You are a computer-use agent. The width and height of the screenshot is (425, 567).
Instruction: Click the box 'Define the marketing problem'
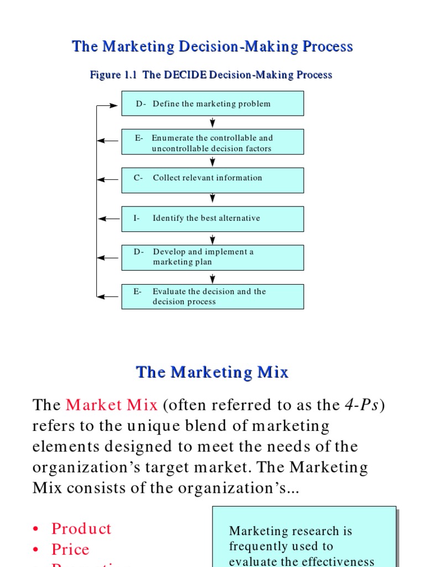point(212,104)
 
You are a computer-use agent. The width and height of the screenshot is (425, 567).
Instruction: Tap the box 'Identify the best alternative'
point(212,219)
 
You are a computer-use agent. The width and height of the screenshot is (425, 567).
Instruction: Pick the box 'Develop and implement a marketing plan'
point(212,257)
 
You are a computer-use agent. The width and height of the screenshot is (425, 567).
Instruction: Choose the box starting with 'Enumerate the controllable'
point(212,142)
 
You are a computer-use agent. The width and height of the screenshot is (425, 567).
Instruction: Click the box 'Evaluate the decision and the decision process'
point(212,296)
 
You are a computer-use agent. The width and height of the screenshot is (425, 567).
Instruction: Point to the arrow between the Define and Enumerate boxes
point(212,122)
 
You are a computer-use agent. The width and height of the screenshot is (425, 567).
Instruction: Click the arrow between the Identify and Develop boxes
point(212,239)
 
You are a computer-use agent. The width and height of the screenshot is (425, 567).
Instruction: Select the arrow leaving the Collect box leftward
point(108,180)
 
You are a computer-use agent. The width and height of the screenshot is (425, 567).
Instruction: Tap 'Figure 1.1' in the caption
point(113,75)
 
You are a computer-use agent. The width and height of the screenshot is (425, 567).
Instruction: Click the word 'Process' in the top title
point(328,47)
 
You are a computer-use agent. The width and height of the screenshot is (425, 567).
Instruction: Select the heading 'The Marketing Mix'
point(212,372)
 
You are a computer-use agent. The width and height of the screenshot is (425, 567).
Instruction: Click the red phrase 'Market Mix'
point(111,405)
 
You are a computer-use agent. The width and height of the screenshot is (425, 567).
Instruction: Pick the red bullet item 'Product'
point(81,528)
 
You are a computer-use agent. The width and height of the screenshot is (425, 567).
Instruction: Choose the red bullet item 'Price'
point(70,549)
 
